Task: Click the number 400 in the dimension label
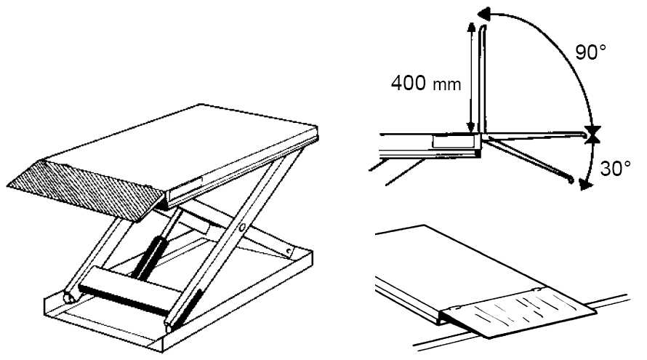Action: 408,83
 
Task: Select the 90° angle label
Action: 590,52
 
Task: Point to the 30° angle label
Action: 615,169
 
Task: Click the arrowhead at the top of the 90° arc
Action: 483,15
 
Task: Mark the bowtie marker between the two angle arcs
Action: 592,135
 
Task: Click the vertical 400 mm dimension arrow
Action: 471,77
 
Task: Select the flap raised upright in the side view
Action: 483,79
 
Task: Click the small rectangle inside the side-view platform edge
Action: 452,140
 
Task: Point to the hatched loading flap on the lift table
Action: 84,190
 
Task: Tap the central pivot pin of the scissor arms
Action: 242,228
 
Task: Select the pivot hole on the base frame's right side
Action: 289,251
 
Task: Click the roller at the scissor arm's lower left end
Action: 69,297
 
